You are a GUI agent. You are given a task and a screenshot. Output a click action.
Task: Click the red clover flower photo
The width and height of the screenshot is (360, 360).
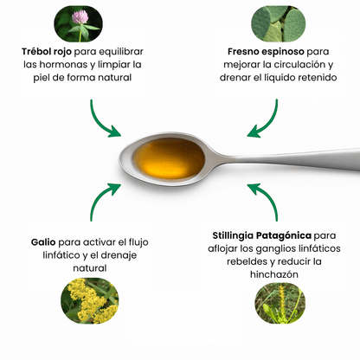[78, 23]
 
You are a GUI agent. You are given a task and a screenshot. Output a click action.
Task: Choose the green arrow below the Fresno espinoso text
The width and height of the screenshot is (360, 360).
[265, 119]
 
